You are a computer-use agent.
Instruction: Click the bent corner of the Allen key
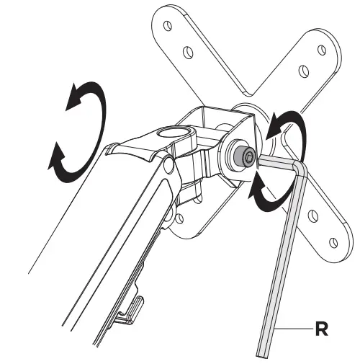(x=302, y=167)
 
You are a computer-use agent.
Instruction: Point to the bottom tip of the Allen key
(x=263, y=352)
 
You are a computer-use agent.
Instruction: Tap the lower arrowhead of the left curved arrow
(x=58, y=154)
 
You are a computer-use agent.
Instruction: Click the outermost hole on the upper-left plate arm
(x=167, y=24)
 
